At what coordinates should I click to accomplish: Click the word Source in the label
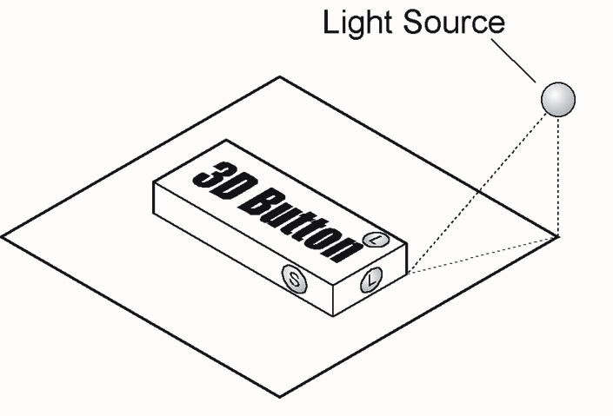pos(454,22)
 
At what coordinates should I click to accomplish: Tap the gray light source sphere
pos(558,99)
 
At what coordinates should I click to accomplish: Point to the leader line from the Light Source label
pos(513,61)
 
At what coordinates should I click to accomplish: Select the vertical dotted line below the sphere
pos(558,176)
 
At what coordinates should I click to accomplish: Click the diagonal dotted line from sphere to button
pos(477,193)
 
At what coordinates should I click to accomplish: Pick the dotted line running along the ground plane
pos(483,254)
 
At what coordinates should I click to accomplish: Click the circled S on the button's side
pos(295,279)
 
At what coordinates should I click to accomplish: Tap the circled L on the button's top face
pos(376,240)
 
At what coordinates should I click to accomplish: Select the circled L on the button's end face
pos(371,280)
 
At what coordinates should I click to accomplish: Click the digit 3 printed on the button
pos(210,175)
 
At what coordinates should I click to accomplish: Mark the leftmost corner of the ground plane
pos(2,237)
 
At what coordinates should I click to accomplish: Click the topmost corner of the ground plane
pos(280,77)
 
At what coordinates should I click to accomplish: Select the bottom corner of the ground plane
pos(279,397)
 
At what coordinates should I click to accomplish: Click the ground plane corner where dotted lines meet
pos(559,236)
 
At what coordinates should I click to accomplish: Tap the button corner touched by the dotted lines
pos(408,274)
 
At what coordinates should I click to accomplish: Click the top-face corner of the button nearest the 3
pos(154,182)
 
